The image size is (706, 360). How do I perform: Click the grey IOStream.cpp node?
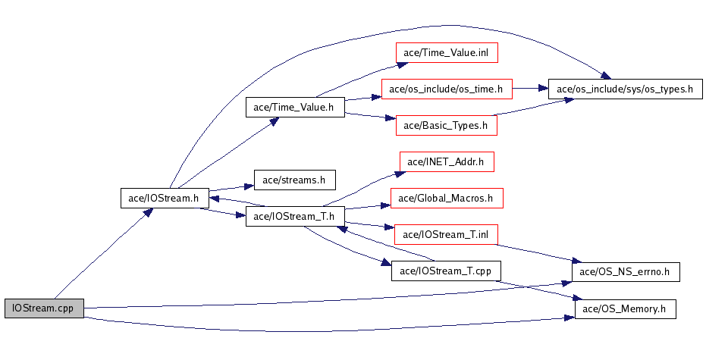[44, 308]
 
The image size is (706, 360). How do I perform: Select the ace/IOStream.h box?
[165, 198]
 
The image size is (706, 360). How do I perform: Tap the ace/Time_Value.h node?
[295, 107]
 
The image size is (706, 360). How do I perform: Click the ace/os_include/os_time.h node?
[447, 89]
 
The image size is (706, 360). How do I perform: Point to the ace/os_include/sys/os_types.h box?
[625, 89]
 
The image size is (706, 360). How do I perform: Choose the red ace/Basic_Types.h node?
[447, 125]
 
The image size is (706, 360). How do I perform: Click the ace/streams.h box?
[295, 180]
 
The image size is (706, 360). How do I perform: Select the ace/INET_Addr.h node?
[447, 161]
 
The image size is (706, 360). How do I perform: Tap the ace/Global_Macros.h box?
[447, 198]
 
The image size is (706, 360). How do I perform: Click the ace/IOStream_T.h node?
[295, 217]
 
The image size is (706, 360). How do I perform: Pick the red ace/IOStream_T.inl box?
[446, 234]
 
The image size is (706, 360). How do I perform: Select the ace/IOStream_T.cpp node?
[446, 271]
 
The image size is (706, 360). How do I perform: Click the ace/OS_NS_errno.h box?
[626, 271]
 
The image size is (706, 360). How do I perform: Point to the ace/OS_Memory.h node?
[626, 308]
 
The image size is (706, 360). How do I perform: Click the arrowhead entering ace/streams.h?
[249, 186]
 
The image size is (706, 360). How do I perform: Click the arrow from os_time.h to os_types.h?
[530, 89]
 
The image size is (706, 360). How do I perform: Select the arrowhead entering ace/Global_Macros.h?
[385, 205]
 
